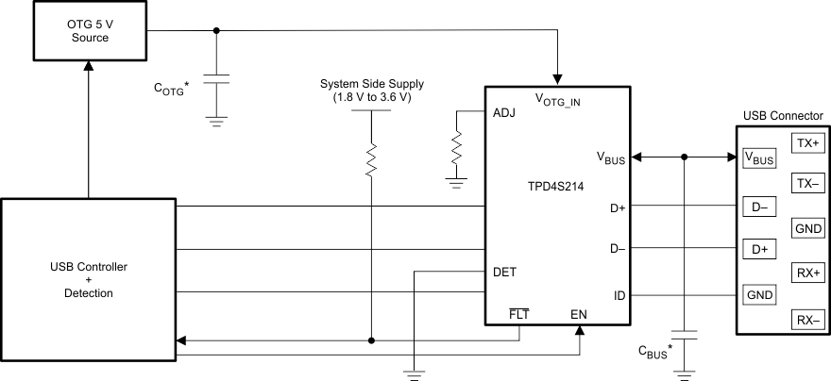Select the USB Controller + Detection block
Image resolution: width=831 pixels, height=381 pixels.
[x=88, y=280]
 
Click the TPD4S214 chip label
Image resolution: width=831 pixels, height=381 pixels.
[x=557, y=187]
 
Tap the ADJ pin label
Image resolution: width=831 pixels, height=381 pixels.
[x=504, y=112]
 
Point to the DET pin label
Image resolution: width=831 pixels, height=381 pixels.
[x=504, y=272]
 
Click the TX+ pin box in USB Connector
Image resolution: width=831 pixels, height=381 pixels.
[x=808, y=143]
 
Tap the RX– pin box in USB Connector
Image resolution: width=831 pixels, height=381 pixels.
[x=808, y=321]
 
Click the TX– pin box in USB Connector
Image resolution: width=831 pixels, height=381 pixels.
[x=808, y=184]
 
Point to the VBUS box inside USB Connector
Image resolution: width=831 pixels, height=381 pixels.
[x=758, y=158]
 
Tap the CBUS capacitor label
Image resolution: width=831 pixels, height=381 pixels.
[x=655, y=355]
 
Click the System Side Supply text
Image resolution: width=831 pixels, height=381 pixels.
[x=371, y=91]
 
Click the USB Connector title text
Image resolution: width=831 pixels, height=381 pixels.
[x=782, y=116]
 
